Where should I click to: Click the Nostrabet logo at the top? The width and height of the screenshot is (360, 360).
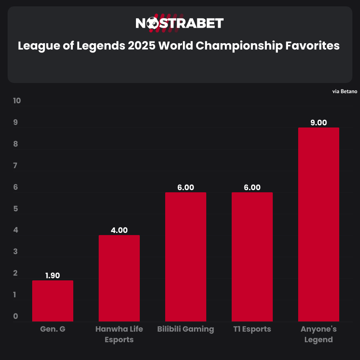coord(180,23)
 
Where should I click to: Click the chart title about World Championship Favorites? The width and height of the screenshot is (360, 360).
coord(179,45)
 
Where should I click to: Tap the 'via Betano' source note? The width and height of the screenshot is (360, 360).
coord(345,91)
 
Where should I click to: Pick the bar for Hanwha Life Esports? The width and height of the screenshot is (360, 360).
coord(119,278)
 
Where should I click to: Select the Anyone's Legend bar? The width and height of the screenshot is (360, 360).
coord(318,224)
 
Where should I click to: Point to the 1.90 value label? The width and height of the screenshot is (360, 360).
coord(53,275)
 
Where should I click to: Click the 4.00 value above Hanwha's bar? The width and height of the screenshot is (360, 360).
coord(119,230)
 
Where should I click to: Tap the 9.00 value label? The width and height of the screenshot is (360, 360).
coord(318,123)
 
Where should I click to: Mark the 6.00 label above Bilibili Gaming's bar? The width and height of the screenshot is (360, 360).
coord(186,188)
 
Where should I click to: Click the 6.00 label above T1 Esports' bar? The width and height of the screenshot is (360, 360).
coord(252,188)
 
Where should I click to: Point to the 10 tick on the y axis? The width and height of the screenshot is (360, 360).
coord(17,101)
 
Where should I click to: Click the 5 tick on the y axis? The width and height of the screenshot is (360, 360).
coord(16,209)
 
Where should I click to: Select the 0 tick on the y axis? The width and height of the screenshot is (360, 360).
coord(16,316)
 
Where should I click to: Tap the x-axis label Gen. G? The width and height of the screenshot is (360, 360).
coord(53,329)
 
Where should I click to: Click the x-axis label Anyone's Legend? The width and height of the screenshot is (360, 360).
coord(318,334)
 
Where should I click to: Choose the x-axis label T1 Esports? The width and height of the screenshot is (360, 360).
coord(252,329)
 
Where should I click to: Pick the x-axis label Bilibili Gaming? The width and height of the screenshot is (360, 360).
coord(186,329)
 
